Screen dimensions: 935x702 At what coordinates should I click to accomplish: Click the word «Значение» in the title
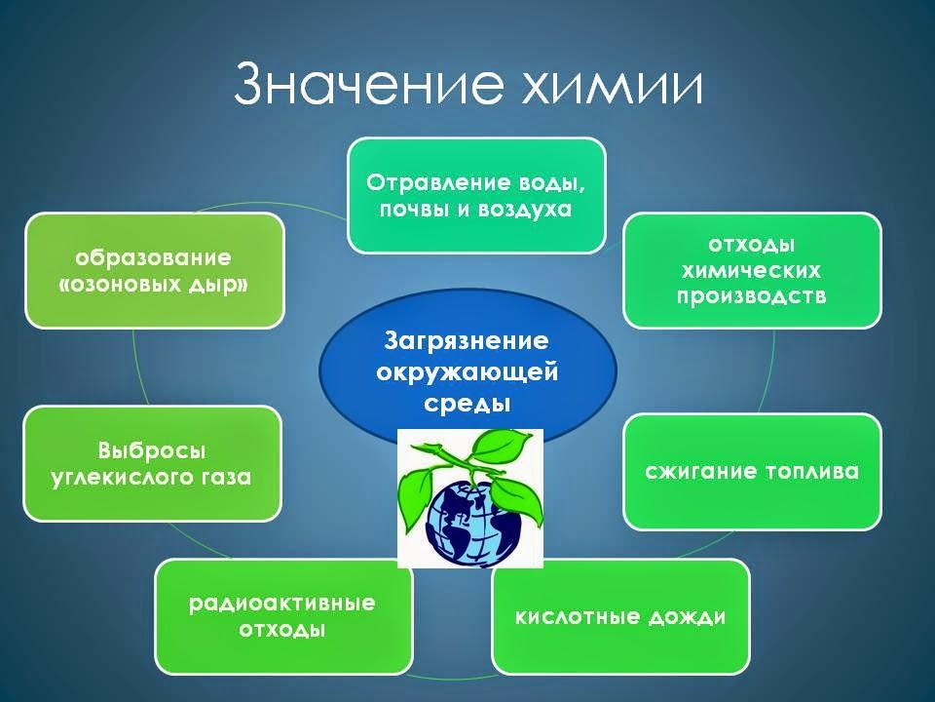[x=368, y=84]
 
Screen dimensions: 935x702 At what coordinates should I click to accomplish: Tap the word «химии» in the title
[x=613, y=87]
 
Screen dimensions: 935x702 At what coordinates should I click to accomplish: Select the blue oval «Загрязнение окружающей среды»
[x=468, y=371]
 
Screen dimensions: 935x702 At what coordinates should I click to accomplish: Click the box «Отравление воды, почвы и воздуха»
[x=476, y=196]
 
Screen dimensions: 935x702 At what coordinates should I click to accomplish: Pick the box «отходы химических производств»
[x=752, y=270]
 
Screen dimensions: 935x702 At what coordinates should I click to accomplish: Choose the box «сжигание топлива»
[x=752, y=472]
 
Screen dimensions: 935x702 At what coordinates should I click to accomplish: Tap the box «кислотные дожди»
[x=620, y=616]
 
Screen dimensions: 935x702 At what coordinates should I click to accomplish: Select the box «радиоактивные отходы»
[x=283, y=616]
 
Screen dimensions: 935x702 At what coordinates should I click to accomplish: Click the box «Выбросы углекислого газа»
[x=152, y=464]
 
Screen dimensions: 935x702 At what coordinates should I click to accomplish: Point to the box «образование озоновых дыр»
[x=155, y=270]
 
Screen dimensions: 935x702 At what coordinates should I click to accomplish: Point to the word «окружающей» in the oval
[x=467, y=372]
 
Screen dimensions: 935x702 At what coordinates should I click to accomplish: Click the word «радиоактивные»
[x=282, y=604]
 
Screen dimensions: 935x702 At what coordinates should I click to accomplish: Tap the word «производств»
[x=751, y=296]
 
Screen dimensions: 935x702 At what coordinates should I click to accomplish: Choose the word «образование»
[x=153, y=257]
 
